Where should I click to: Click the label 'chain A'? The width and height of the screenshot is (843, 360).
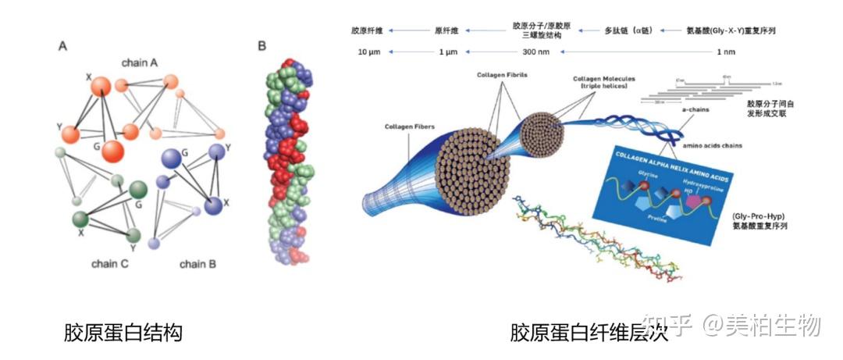pos(140,61)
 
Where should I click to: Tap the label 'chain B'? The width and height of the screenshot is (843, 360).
pos(197,264)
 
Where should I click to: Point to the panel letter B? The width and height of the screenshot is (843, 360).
pos(262,46)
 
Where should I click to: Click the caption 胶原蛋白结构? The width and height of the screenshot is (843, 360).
pos(123,333)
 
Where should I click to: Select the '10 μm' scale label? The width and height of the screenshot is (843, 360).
pos(369,52)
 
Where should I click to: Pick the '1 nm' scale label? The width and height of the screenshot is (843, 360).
pos(725,52)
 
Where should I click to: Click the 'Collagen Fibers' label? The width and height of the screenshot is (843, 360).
pos(409,127)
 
